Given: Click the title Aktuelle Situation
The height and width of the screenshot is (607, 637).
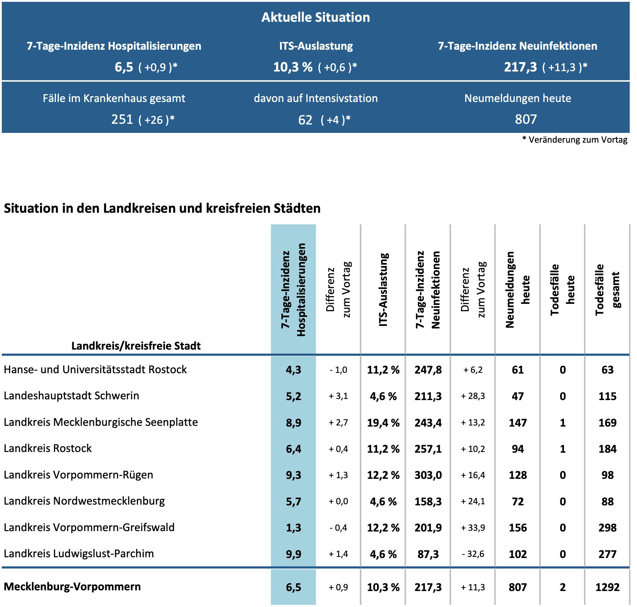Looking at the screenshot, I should pos(316,17).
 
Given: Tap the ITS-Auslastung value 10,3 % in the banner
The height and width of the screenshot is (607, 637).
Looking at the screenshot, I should pos(293,67).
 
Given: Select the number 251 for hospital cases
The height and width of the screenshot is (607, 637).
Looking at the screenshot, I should pos(122,119).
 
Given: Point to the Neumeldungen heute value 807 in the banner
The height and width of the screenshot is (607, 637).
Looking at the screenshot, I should pos(526,119).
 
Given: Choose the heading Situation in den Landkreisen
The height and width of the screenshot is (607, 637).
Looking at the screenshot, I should pos(162,208).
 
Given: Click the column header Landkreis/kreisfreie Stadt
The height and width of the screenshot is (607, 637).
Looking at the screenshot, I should pos(136,346).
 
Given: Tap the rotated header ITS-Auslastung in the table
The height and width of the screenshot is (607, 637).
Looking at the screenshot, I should pos(383,290).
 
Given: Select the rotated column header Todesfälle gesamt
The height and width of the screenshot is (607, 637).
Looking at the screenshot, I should pos(607,290).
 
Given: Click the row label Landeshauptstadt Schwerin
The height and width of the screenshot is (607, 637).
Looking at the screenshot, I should pos(72,396).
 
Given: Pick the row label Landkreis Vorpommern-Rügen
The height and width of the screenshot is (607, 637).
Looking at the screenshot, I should pos(78,475).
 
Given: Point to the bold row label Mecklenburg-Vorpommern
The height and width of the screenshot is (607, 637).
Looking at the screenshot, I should pos(72,587).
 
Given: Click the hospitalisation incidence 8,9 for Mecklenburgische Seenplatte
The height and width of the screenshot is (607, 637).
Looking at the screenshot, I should pos(293,423).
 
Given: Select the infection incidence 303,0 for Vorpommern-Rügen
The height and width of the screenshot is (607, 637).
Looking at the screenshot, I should pos(428,475).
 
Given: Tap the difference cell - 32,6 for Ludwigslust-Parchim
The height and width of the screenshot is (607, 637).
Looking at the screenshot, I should pos(473,554).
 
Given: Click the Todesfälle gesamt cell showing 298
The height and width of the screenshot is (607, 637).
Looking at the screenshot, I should pos(607,528).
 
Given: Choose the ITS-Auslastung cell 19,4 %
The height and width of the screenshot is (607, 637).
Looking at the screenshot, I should pos(383,423).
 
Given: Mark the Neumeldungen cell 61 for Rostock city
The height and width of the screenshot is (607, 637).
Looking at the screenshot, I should pos(518,370).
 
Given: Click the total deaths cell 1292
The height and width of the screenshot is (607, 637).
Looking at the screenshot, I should pos(607,587).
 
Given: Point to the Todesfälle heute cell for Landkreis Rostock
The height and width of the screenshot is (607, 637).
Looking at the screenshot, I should pos(563,449).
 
